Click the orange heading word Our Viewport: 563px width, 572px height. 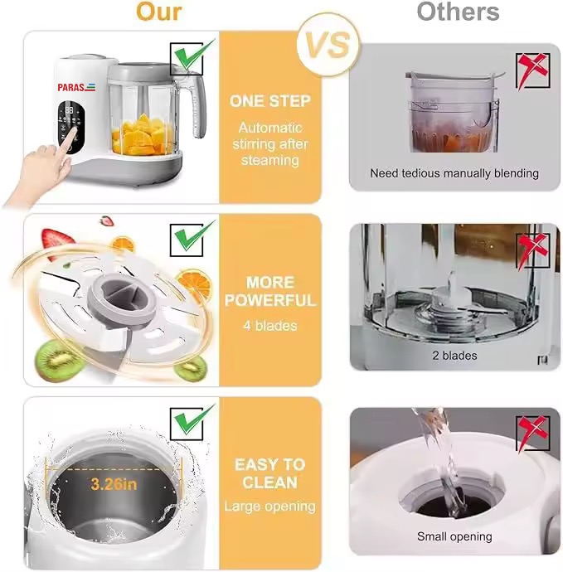click(159, 12)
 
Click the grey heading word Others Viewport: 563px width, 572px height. click(458, 12)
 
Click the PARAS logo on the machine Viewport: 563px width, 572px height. click(75, 86)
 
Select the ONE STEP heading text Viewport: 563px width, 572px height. click(270, 101)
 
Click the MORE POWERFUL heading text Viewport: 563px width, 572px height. click(270, 291)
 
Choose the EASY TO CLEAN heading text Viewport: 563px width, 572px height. click(269, 473)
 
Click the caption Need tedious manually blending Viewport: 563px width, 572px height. click(454, 173)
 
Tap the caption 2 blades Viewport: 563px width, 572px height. click(454, 356)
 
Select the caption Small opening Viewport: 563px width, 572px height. click(454, 536)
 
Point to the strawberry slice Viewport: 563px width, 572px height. click(55, 244)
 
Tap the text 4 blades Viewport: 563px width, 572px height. click(270, 326)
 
